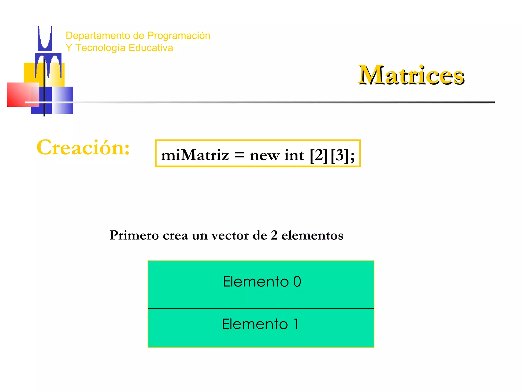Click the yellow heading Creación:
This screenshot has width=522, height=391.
(x=83, y=148)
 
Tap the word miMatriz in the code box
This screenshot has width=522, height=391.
(x=195, y=155)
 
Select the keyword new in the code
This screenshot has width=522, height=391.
(x=264, y=156)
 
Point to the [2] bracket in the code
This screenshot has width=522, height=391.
(x=319, y=155)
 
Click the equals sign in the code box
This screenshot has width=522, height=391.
(x=239, y=155)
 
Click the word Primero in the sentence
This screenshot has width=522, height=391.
(x=134, y=235)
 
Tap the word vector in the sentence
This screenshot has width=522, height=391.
(x=230, y=235)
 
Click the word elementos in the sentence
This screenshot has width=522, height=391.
(x=312, y=235)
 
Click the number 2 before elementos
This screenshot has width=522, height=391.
(x=274, y=235)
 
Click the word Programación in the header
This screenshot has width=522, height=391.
(x=179, y=36)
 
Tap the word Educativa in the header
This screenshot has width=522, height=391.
(x=151, y=48)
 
